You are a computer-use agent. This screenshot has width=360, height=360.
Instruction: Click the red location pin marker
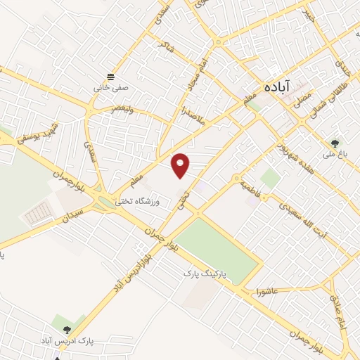coord(181,165)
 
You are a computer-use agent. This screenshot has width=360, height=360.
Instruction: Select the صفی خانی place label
coord(110,89)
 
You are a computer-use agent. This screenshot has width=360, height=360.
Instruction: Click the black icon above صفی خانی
coord(110,77)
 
